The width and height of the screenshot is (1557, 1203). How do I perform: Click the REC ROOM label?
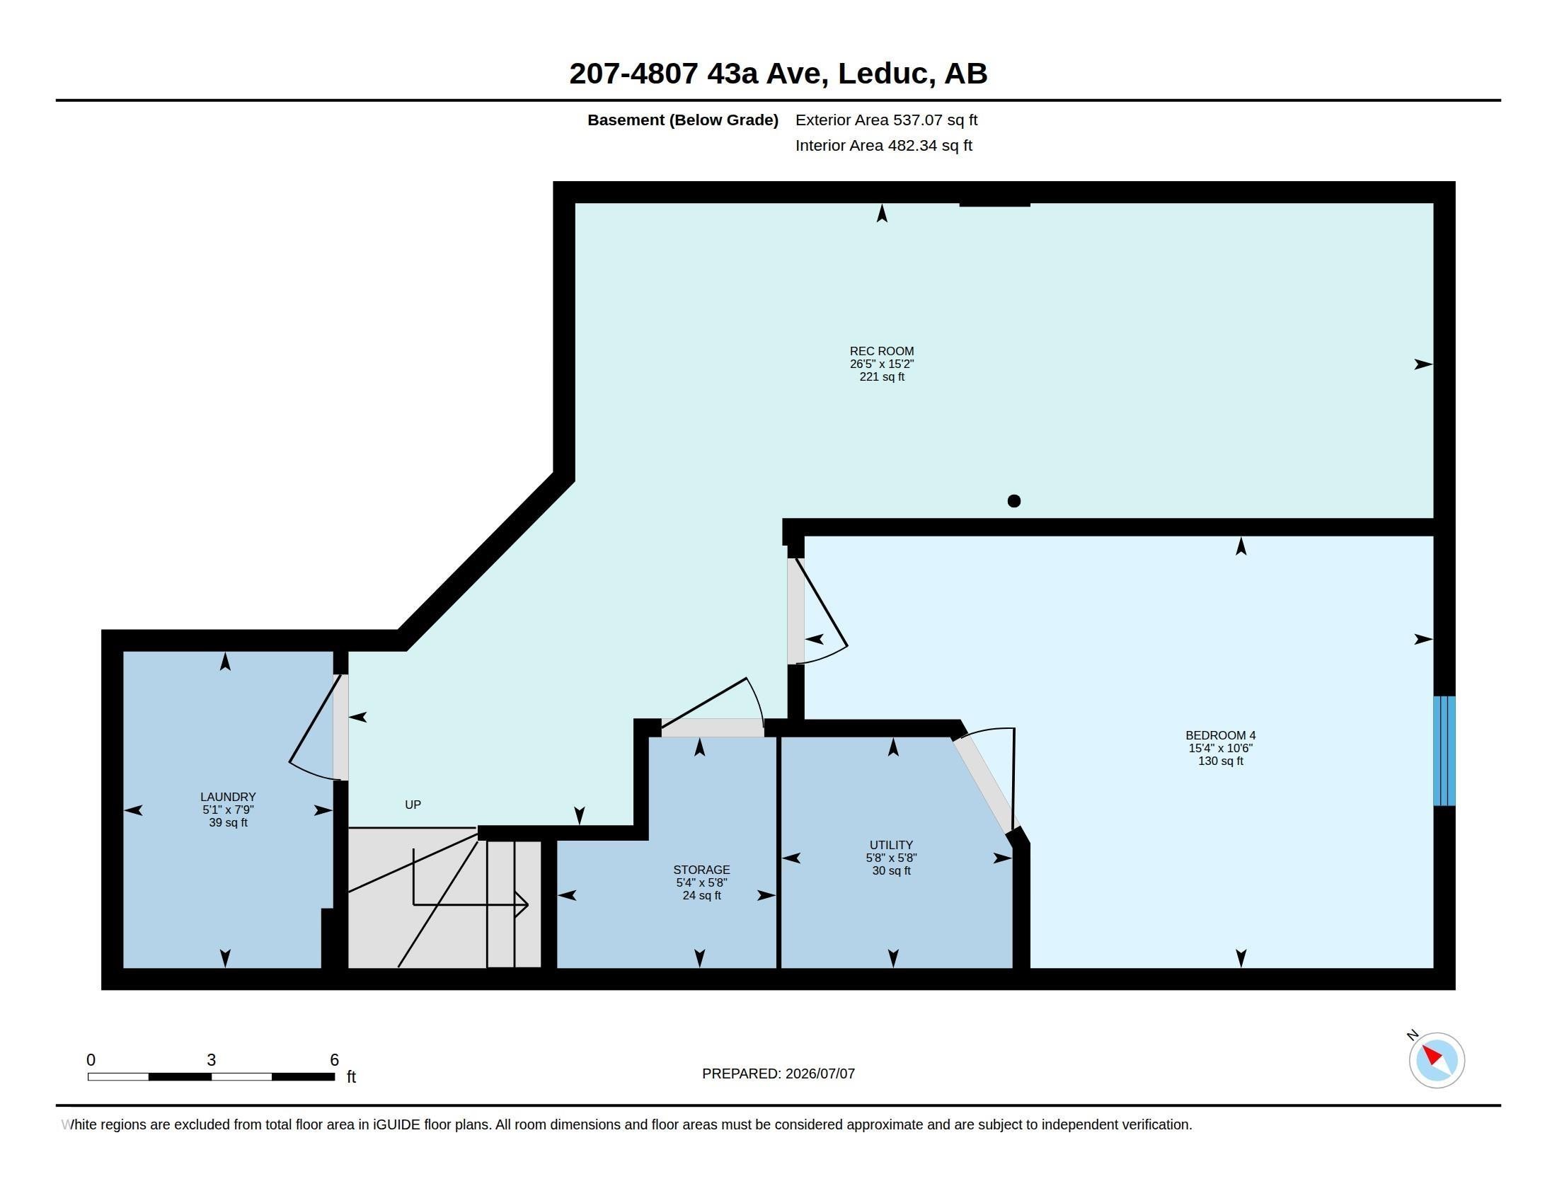tap(881, 350)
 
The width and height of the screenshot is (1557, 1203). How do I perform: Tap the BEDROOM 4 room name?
tap(1221, 735)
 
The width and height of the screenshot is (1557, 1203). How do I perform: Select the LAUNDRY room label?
tap(228, 797)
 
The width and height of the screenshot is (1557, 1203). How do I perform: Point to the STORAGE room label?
tap(701, 870)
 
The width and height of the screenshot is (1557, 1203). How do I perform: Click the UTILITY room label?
tap(891, 844)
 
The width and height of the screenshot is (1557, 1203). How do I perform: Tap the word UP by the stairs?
tap(413, 805)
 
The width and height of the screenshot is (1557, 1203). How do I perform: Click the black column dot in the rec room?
tap(1013, 501)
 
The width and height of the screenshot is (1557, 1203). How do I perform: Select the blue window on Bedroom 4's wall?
tap(1444, 750)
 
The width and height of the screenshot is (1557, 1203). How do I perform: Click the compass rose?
tap(1437, 1060)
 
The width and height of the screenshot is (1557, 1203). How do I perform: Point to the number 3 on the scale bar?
tap(211, 1060)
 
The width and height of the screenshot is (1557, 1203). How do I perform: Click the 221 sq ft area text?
tap(882, 376)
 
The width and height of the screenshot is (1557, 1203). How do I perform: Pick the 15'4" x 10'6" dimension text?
tap(1221, 747)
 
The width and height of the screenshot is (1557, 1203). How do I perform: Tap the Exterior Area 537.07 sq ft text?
tap(886, 120)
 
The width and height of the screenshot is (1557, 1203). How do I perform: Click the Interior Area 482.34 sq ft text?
tap(883, 145)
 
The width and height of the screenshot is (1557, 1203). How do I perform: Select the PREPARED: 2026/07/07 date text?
tap(778, 1074)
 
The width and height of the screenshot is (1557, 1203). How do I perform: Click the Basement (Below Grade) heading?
tap(682, 120)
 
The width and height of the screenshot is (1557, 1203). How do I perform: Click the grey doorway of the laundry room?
tap(341, 727)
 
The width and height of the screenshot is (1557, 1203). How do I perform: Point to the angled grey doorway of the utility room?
tap(983, 783)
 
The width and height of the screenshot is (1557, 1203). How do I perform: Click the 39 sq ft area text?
tap(228, 822)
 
